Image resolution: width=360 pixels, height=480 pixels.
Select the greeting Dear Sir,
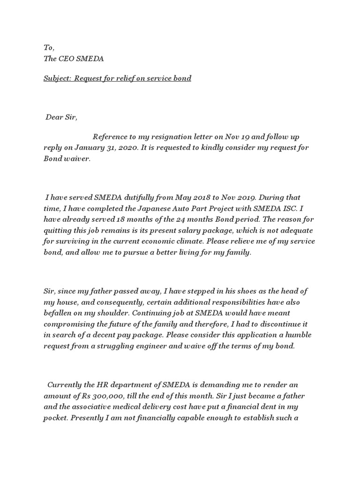(x=61, y=117)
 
